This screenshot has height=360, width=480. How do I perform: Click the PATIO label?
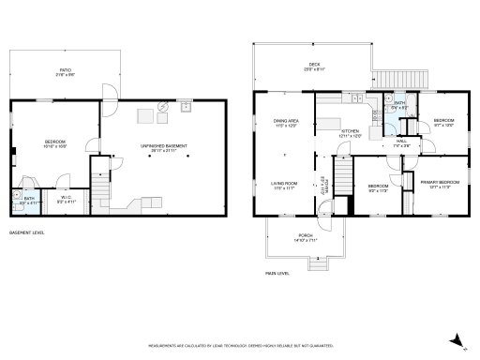pos(64,71)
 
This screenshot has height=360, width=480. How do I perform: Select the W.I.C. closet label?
pos(67,198)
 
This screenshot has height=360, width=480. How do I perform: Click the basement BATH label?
pos(29,199)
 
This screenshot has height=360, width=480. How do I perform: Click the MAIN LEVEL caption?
pos(277,273)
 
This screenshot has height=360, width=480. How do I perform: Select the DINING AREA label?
pos(286,123)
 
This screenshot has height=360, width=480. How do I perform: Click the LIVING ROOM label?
pos(284,186)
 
